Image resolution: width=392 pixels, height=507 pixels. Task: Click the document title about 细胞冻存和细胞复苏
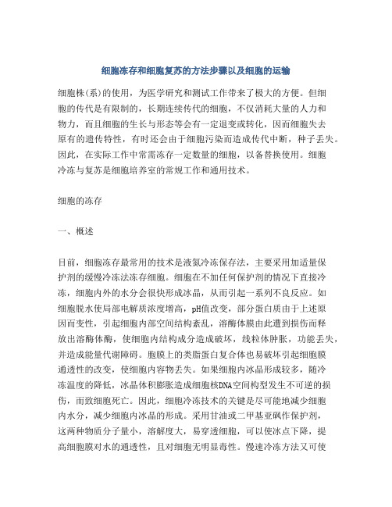coord(195,69)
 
